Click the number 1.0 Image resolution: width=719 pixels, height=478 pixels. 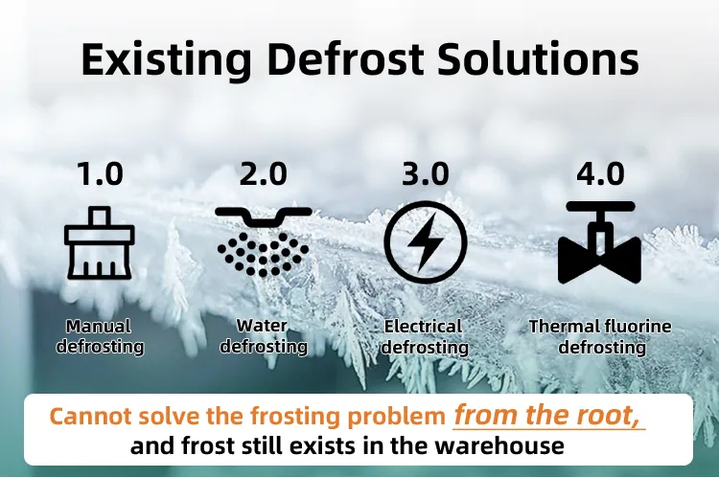pos(100,174)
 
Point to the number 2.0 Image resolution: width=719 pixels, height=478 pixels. pos(263,174)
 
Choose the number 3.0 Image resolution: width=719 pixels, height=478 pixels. pos(425,174)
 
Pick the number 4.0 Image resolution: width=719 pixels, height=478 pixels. pos(600,174)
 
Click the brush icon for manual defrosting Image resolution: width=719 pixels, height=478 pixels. pos(100,242)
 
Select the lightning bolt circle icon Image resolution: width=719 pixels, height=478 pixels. pos(425,242)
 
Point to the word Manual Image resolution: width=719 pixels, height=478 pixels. pos(100,327)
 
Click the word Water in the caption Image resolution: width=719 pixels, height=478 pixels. pos(263,327)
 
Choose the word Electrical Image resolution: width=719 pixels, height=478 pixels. pos(424,327)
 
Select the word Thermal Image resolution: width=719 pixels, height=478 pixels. pos(561,327)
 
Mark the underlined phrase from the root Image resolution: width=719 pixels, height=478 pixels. pos(548,417)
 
